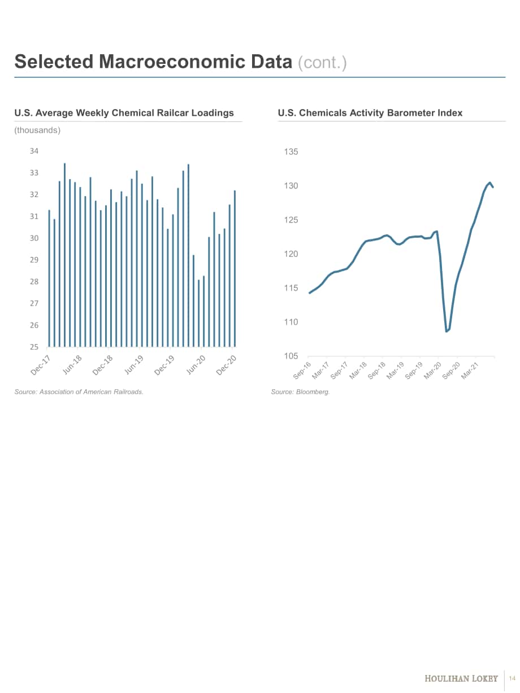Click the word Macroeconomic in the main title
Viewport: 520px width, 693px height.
195,62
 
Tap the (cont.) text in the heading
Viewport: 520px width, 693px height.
322,63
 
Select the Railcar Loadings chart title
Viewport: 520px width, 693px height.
124,113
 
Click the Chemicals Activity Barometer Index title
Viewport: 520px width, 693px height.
370,113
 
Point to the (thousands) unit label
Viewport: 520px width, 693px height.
37,130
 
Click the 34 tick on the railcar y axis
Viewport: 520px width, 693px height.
34,151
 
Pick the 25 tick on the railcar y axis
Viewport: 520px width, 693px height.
34,347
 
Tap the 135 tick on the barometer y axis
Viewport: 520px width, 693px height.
291,152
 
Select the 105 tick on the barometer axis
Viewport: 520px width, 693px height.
291,356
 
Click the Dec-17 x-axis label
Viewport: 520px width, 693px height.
41,365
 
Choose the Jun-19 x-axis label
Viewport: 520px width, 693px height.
133,365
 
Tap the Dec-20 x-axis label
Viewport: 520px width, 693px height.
226,365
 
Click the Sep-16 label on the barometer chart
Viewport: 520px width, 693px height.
302,371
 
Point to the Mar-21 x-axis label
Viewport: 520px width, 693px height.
470,371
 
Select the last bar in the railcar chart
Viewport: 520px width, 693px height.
235,268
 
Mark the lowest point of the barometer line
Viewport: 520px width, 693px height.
447,331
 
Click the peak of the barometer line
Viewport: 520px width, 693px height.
490,182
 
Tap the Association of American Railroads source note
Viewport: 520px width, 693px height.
79,392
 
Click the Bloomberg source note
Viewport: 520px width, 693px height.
301,392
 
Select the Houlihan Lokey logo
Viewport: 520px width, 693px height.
461,678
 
